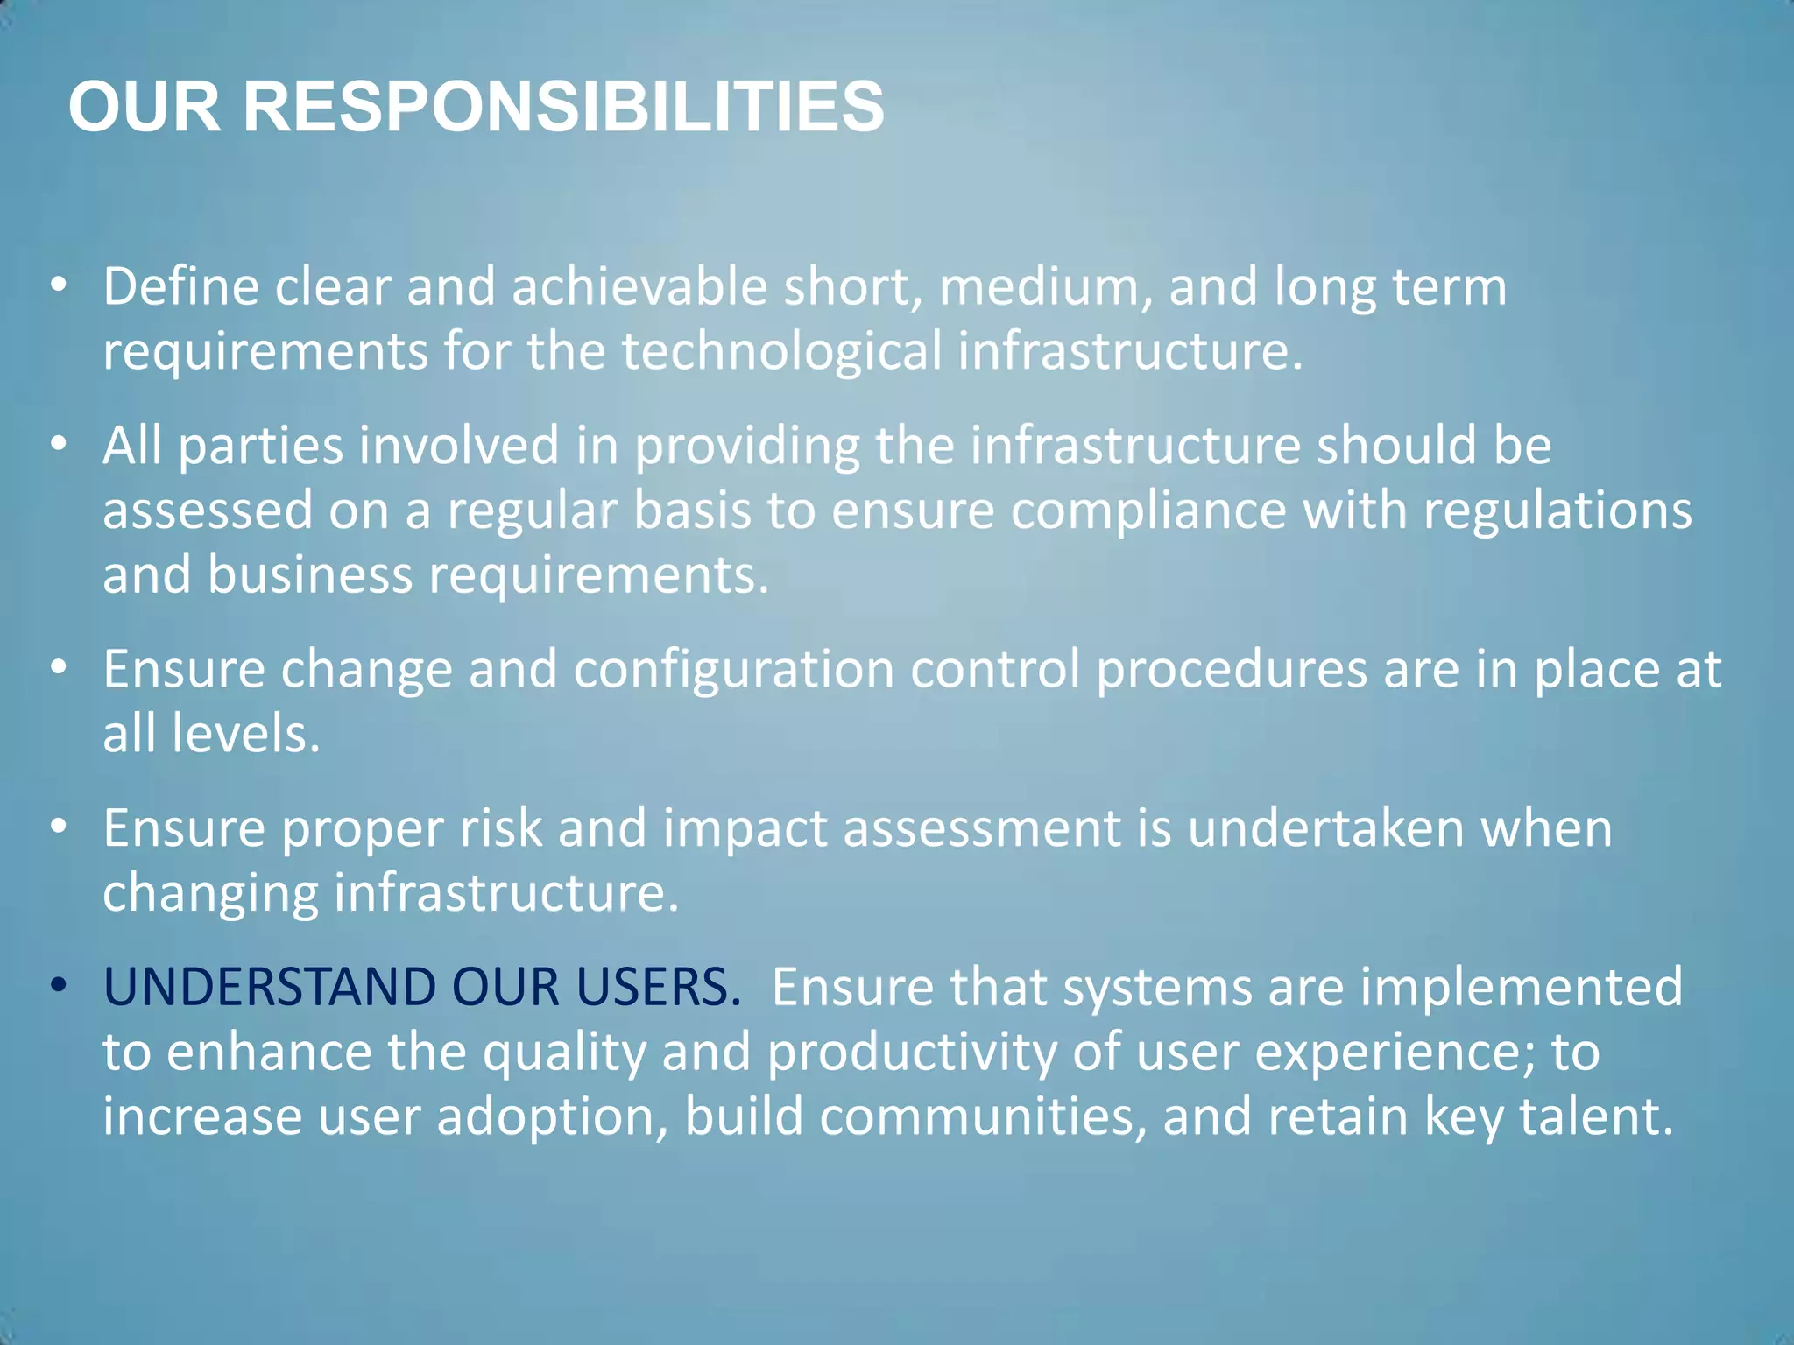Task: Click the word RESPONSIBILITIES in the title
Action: pyautogui.click(x=562, y=107)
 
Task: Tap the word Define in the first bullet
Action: pyautogui.click(x=180, y=286)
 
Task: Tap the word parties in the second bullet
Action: pyautogui.click(x=260, y=447)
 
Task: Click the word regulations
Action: pyautogui.click(x=1557, y=511)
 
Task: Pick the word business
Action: pyautogui.click(x=309, y=575)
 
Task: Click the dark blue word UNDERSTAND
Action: pyautogui.click(x=270, y=987)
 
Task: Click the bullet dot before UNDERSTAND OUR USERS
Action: pyautogui.click(x=59, y=985)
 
